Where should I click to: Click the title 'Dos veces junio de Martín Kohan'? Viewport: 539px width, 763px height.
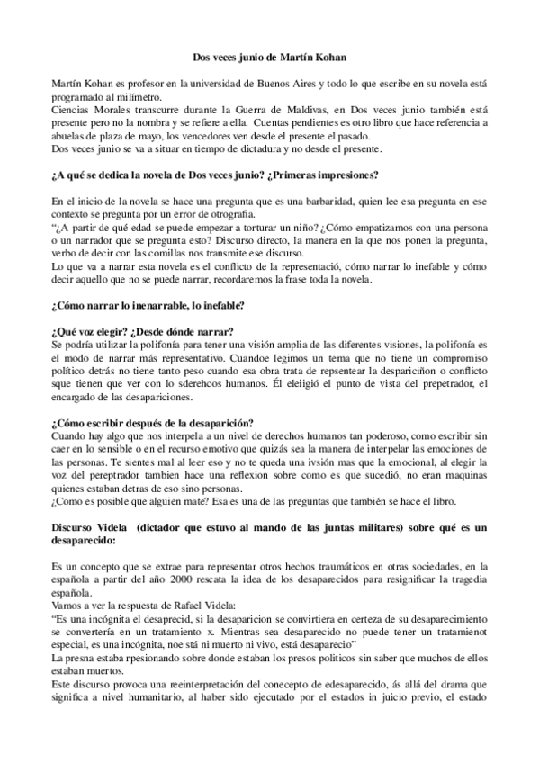coord(270,58)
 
